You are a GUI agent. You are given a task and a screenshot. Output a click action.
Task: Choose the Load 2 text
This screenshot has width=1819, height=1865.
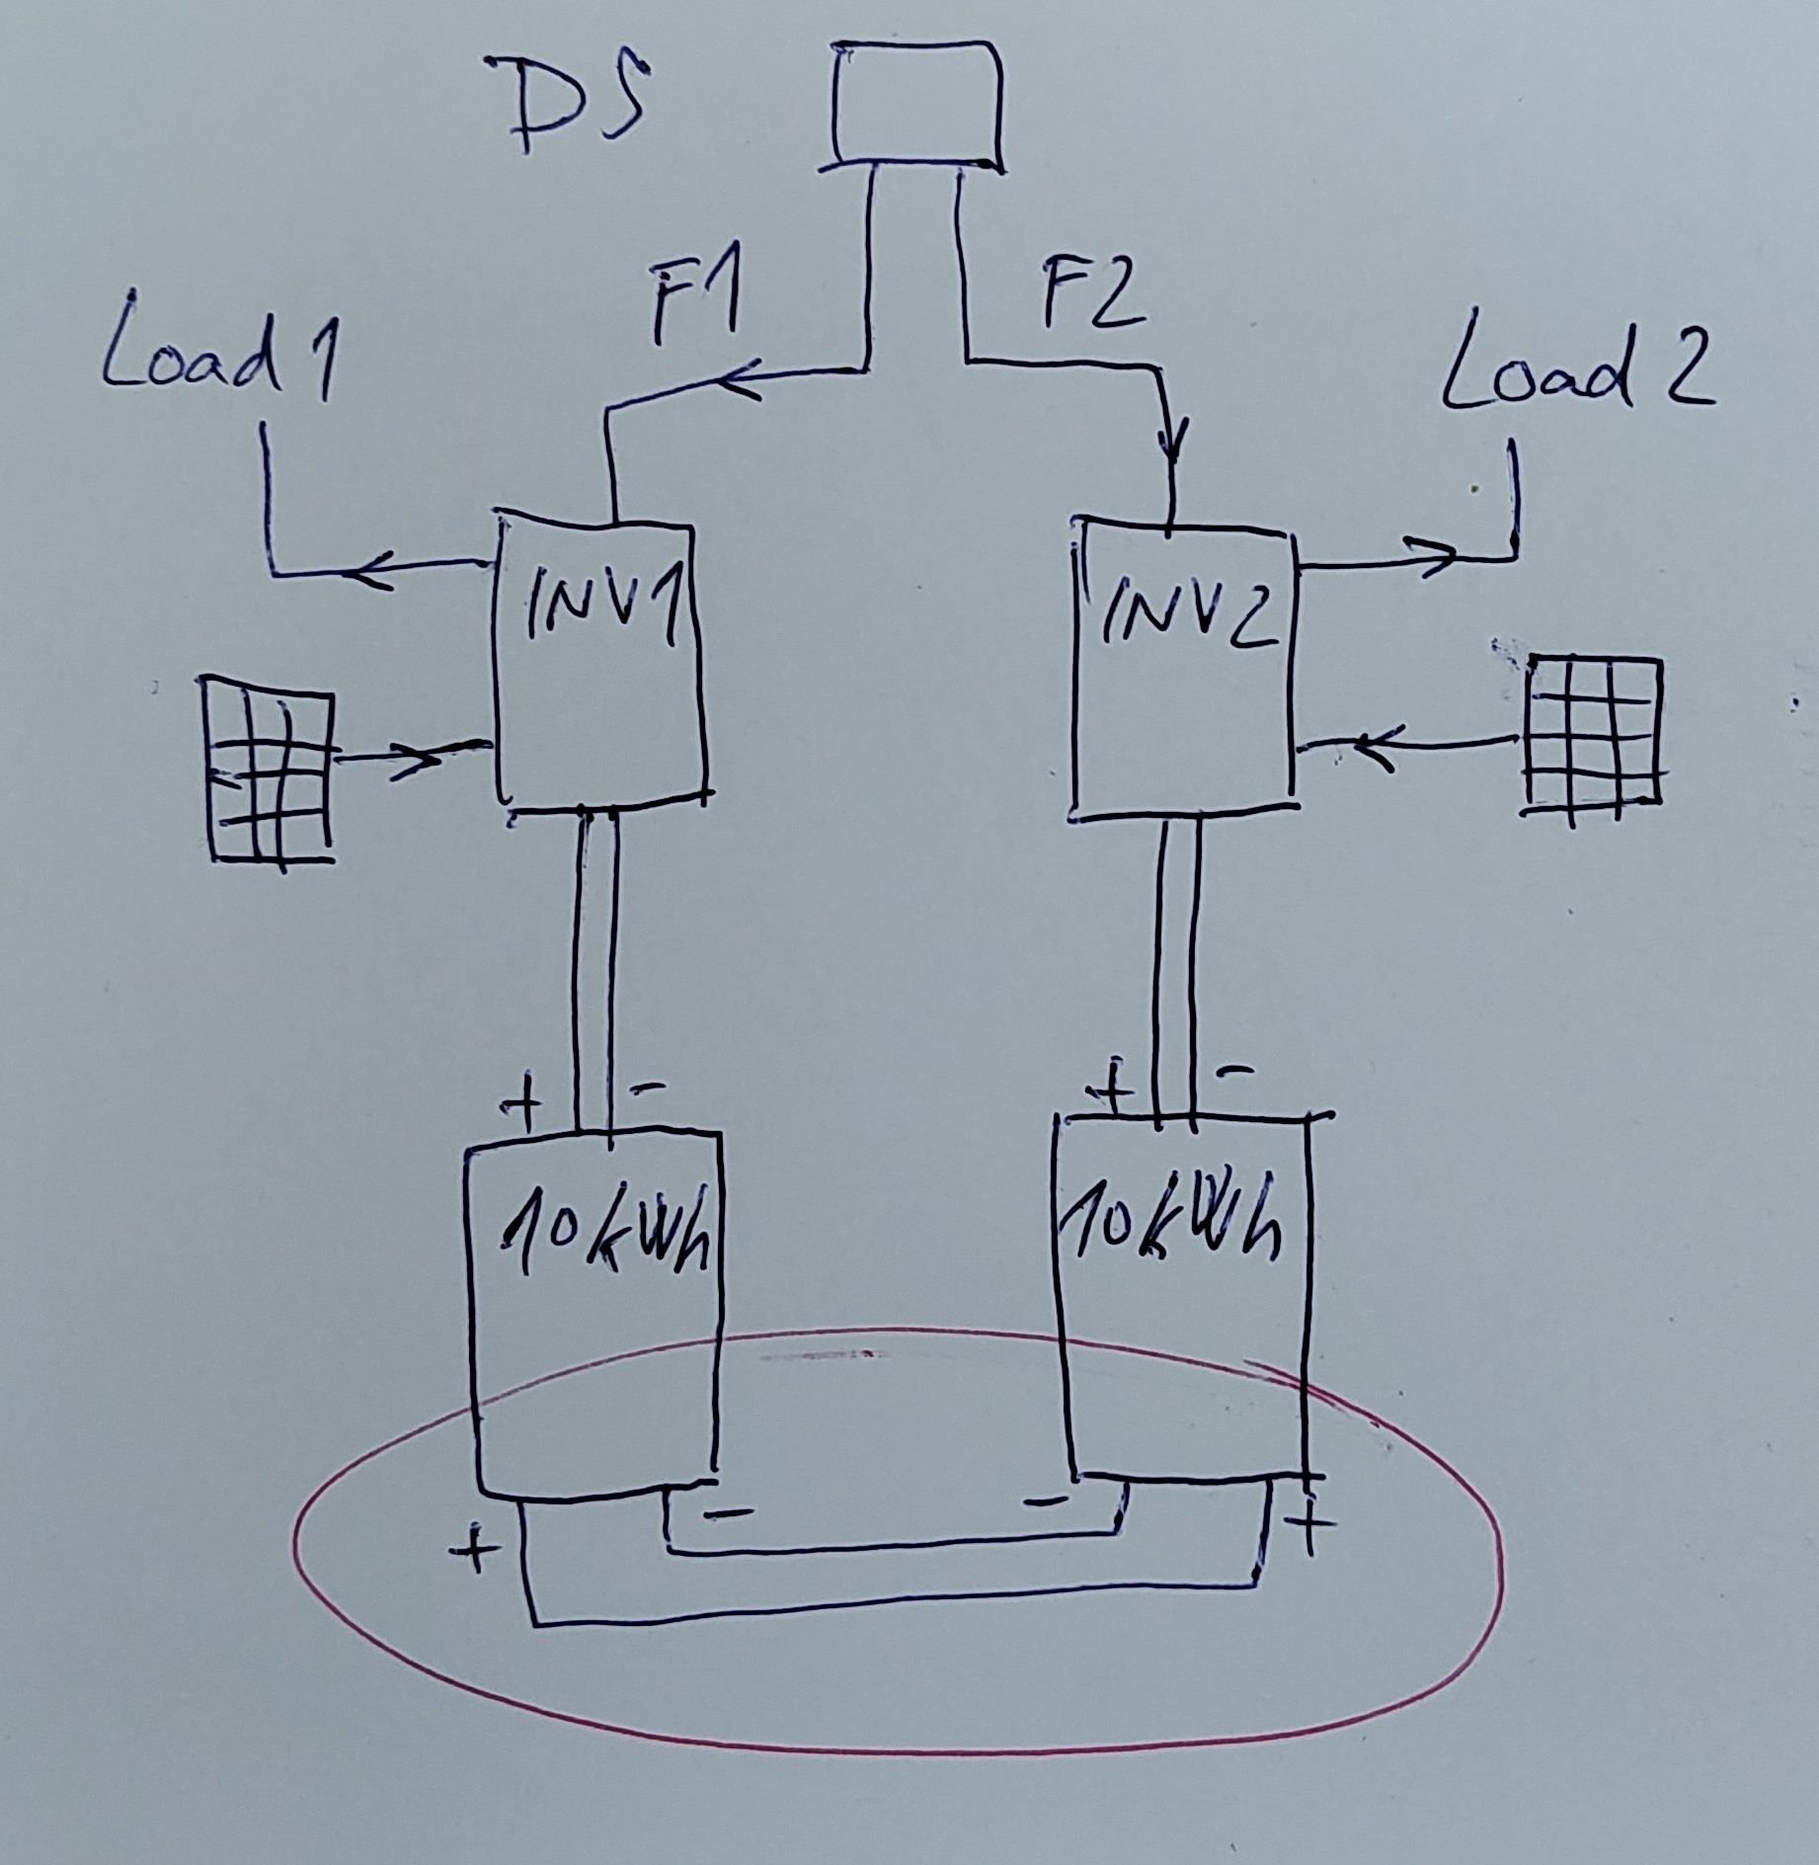point(1576,376)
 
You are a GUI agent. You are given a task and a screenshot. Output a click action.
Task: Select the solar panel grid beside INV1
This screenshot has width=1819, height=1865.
point(268,770)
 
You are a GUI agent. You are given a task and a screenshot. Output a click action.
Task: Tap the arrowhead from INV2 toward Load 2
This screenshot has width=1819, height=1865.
point(1437,558)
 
